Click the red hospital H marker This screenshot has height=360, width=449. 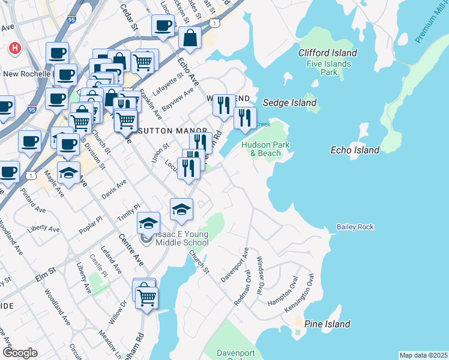[13, 47]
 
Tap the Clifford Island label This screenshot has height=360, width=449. [328, 53]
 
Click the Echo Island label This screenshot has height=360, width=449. [355, 150]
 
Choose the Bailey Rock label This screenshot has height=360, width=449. [355, 226]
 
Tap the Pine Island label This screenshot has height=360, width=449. [327, 324]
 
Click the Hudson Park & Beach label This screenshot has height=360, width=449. [261, 149]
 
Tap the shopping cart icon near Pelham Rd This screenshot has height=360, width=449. [146, 297]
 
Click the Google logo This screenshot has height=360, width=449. [20, 352]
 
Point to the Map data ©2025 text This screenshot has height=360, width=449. [423, 355]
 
